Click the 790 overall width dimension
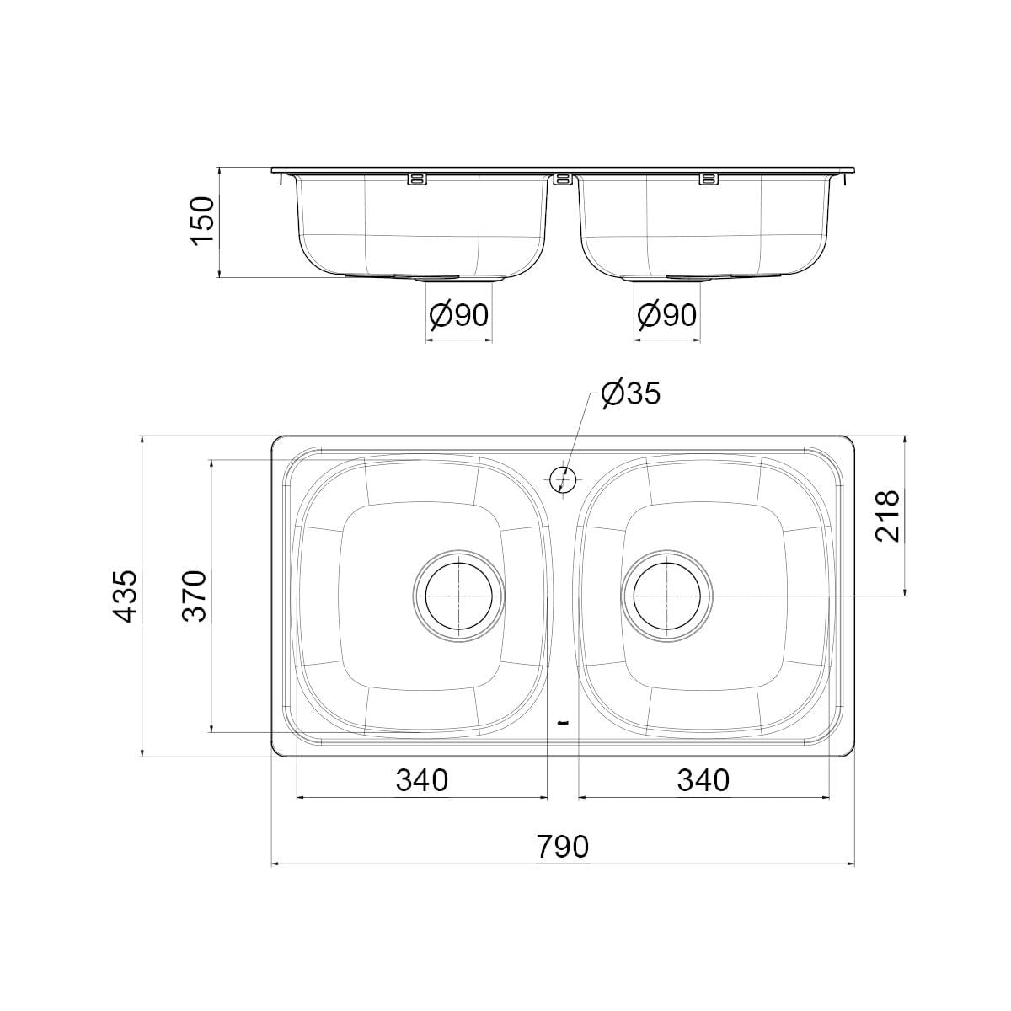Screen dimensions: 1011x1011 (563, 846)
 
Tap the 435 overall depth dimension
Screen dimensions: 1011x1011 (126, 596)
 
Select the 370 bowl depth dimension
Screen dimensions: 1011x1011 (195, 596)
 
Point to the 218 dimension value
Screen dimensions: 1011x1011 (886, 516)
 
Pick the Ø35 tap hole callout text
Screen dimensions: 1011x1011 (631, 393)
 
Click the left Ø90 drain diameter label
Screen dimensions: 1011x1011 (458, 315)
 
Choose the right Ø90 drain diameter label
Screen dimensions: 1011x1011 (666, 315)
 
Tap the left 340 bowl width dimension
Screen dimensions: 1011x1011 (422, 779)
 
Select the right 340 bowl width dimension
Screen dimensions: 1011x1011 (703, 779)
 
